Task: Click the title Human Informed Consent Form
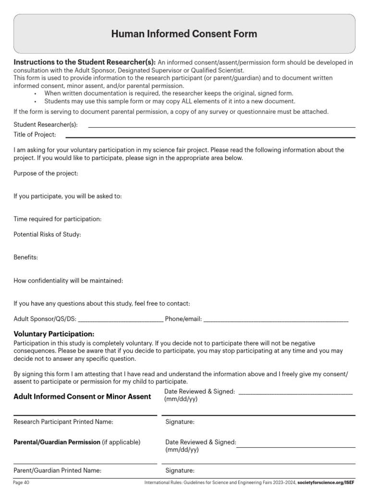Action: [184, 34]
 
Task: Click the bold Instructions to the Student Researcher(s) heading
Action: [85, 62]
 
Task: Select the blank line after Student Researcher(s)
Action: [221, 126]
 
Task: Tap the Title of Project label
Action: [35, 135]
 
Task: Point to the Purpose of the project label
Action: [46, 173]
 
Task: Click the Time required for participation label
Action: [58, 219]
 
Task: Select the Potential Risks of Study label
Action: [47, 234]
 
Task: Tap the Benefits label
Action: [25, 257]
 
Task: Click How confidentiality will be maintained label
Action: [68, 280]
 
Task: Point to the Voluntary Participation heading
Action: [54, 333]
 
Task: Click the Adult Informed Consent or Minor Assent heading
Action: [82, 396]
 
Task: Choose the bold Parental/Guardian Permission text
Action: [57, 442]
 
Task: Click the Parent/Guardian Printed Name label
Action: [57, 471]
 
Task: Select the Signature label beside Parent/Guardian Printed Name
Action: [180, 471]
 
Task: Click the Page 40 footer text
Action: [22, 482]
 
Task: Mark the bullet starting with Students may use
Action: [170, 101]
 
